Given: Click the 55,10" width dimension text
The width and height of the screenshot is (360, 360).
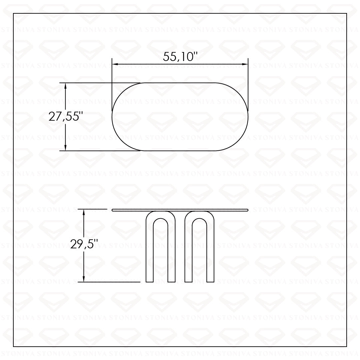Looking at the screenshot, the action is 180,56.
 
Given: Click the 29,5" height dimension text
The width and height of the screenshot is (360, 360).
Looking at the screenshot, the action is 84,244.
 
